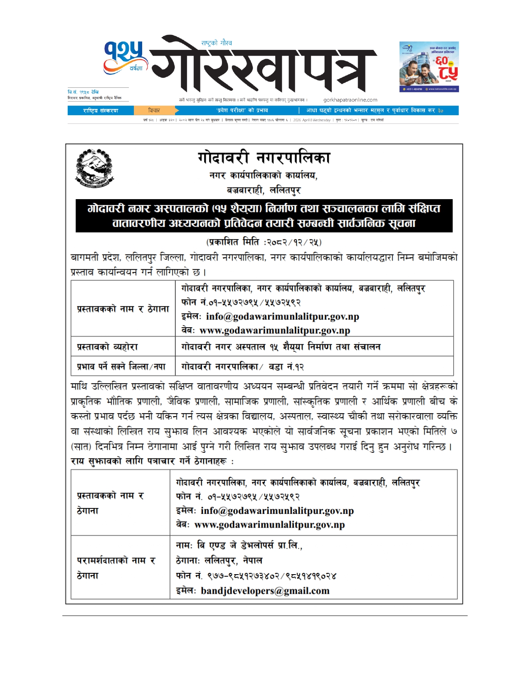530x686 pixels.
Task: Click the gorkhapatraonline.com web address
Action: [x=350, y=100]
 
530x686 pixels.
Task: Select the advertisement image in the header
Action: [x=429, y=67]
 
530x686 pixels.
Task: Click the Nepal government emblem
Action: [x=94, y=168]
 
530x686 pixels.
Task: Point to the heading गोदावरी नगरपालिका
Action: [x=264, y=158]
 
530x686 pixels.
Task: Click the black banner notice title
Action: [x=264, y=215]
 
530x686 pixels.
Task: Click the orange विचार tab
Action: [x=154, y=111]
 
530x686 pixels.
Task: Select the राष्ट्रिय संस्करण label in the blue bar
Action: [x=101, y=111]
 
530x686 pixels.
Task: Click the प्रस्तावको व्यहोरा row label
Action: [x=107, y=347]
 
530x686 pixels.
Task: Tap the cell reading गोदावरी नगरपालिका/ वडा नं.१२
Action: [x=242, y=367]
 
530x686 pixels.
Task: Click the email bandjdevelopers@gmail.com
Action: [x=265, y=591]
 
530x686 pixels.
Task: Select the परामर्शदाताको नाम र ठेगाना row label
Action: [x=116, y=568]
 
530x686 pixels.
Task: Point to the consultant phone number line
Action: [x=256, y=576]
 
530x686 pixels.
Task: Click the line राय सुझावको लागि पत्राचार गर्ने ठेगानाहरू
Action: [x=152, y=461]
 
